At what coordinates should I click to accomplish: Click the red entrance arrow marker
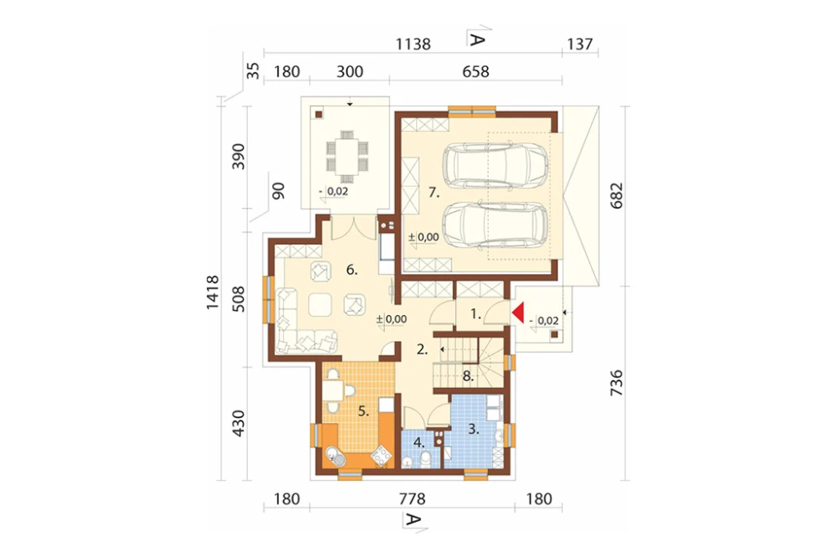[518, 313]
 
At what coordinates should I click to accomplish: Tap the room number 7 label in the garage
[434, 193]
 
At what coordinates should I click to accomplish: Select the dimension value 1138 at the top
[413, 44]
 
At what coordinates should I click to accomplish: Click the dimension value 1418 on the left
[213, 292]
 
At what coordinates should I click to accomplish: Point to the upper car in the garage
[496, 166]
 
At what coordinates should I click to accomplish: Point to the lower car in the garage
[496, 225]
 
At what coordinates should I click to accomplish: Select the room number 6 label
[352, 270]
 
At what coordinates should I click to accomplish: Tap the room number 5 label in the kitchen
[363, 411]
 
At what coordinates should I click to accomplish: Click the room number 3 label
[474, 429]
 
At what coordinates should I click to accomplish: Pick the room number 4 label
[419, 442]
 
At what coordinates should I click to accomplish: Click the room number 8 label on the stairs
[468, 375]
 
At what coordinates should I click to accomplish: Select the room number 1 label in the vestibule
[475, 314]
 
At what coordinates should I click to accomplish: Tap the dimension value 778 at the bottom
[412, 499]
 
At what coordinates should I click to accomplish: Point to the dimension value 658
[475, 71]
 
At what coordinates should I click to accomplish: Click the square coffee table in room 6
[320, 306]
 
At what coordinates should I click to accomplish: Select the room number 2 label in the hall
[422, 350]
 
